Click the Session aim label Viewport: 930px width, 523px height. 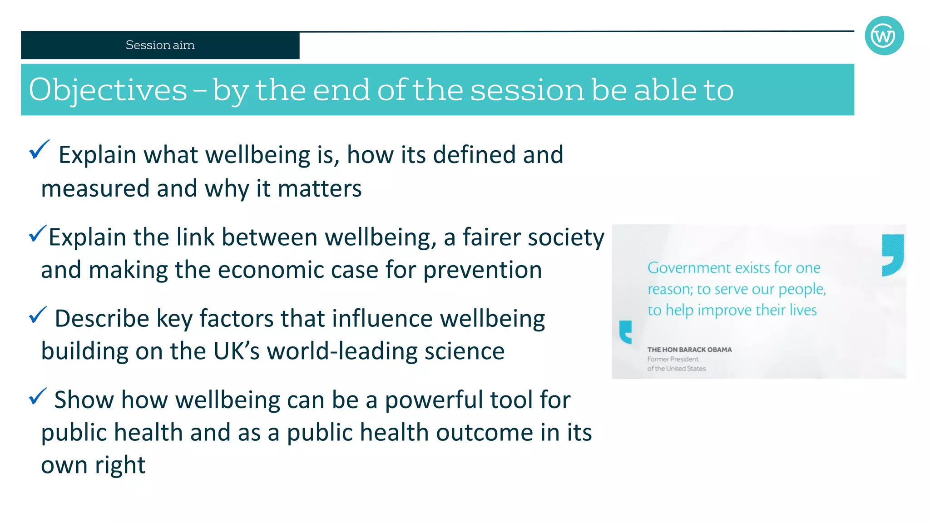(x=160, y=45)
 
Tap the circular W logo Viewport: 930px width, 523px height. (x=884, y=36)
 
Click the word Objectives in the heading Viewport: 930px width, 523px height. (x=108, y=90)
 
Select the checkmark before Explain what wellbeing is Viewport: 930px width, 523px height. (x=39, y=150)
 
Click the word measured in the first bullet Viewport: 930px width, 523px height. (x=95, y=188)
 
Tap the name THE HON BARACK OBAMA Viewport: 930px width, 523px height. (x=689, y=350)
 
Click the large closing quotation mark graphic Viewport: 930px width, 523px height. (x=892, y=255)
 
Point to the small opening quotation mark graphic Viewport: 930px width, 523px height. (x=626, y=332)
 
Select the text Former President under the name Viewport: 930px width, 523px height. (x=673, y=359)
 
